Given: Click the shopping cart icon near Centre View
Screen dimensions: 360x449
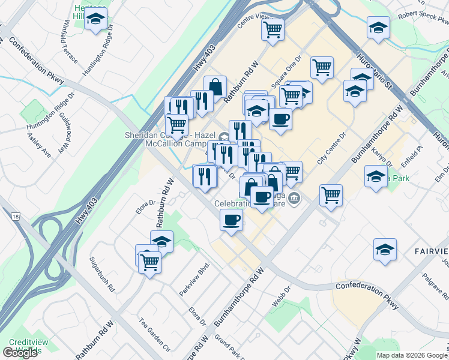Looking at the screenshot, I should click(x=273, y=29).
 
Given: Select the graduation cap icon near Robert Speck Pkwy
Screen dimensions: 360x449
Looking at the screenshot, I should click(x=378, y=28).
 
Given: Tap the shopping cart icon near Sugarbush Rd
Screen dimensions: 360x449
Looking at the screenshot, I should click(x=149, y=261).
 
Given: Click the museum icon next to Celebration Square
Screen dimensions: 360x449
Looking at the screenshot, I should click(x=294, y=198).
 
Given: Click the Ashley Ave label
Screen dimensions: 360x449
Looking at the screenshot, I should click(x=39, y=145).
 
